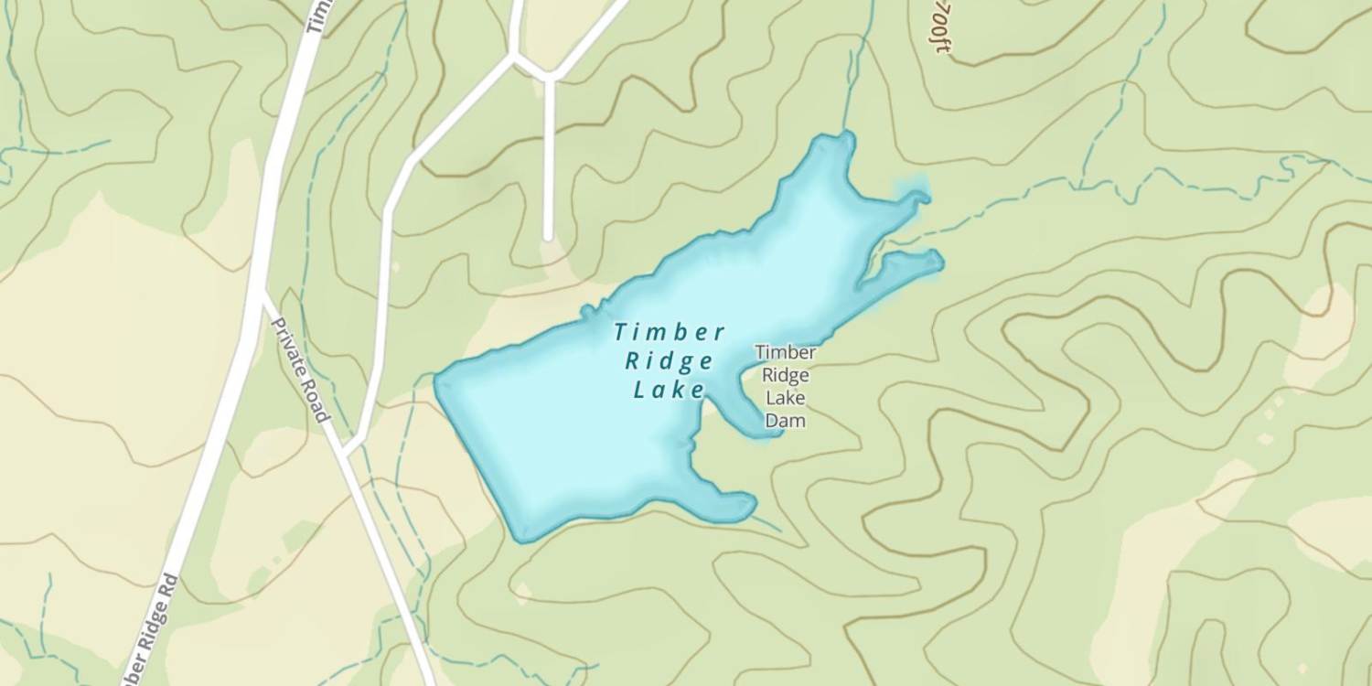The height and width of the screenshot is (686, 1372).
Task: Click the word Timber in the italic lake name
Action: [x=670, y=332]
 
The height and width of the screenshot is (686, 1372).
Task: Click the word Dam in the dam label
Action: [x=785, y=421]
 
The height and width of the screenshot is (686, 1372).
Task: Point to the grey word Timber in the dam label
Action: [x=785, y=352]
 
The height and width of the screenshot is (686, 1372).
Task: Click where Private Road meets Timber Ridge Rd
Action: [x=262, y=295]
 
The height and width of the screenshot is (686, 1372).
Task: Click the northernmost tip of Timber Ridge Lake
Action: [x=847, y=136]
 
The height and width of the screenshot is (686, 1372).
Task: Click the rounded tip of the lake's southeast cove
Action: [x=748, y=504]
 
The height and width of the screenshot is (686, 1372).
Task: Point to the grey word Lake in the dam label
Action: [x=785, y=398]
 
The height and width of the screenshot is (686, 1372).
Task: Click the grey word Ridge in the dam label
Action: [x=785, y=375]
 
